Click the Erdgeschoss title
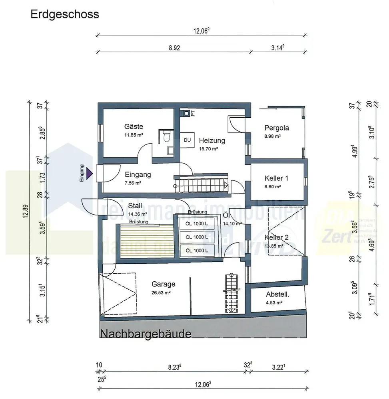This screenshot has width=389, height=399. [65, 15]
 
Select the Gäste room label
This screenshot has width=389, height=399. [134, 126]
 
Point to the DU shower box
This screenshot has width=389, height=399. [187, 140]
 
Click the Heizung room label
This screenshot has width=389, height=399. [212, 140]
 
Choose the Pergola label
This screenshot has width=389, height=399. [276, 128]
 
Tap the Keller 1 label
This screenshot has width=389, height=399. [276, 178]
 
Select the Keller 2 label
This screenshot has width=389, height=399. [276, 237]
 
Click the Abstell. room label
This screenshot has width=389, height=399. [277, 294]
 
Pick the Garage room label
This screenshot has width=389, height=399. [163, 284]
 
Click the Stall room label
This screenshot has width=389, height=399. [135, 206]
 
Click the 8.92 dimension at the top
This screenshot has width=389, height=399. [174, 47]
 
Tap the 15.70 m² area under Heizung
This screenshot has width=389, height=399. [209, 149]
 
